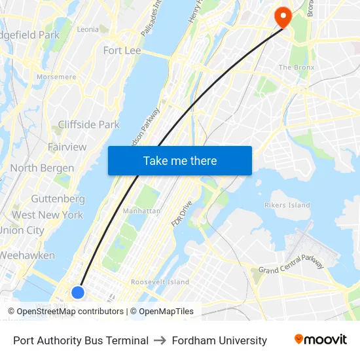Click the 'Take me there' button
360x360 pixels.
(x=180, y=161)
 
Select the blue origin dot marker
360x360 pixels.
(x=78, y=292)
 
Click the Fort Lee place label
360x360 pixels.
(x=122, y=50)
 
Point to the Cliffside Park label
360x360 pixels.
(x=88, y=124)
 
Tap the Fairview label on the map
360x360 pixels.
(x=67, y=147)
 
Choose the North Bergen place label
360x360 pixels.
(x=41, y=168)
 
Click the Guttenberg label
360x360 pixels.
(x=58, y=198)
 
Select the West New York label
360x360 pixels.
(x=47, y=215)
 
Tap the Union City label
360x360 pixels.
(x=22, y=230)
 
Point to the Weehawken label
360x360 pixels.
(x=27, y=255)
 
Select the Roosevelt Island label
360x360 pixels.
(x=160, y=282)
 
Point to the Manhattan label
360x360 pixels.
(x=141, y=211)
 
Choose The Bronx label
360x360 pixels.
(x=297, y=67)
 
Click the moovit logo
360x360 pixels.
(x=320, y=340)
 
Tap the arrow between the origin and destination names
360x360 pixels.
(x=160, y=340)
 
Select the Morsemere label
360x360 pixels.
(x=56, y=77)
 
